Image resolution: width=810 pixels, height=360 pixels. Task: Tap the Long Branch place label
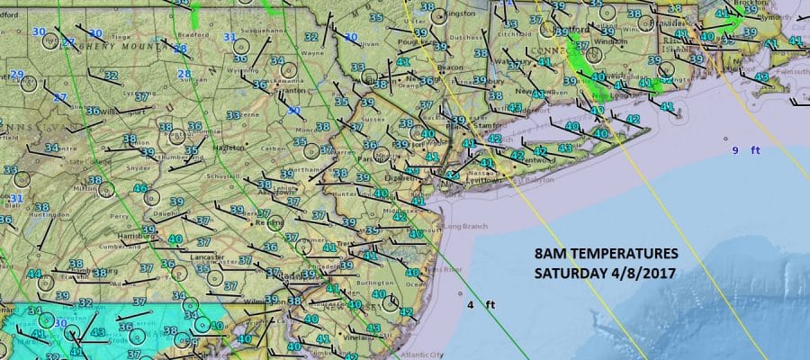[x=463, y=224]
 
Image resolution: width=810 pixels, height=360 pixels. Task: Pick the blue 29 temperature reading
[x=16, y=75]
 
